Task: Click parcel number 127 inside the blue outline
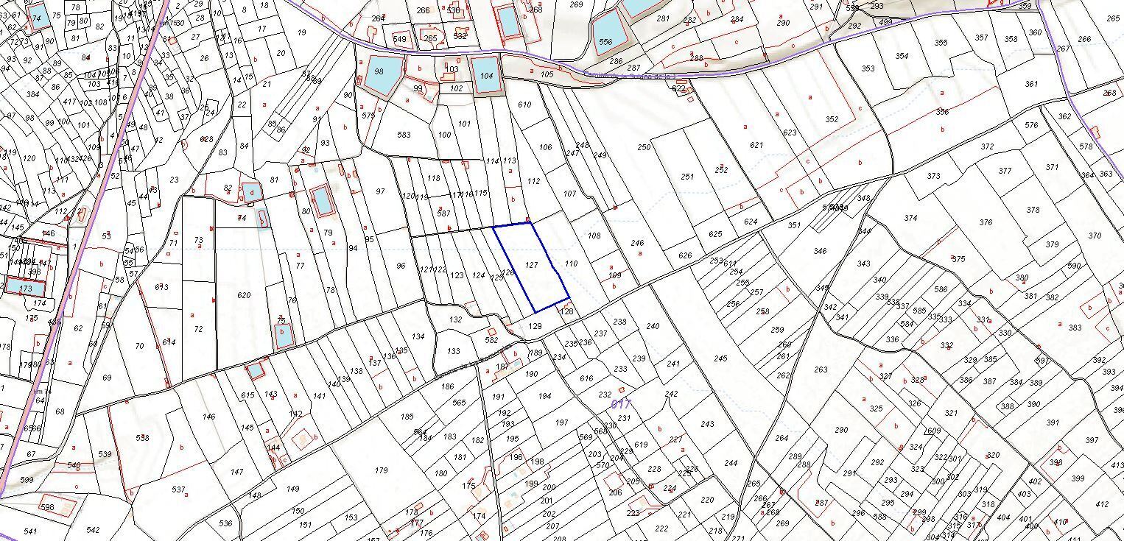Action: coord(532,264)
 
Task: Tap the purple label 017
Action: coord(621,404)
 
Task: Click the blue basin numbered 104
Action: coord(485,76)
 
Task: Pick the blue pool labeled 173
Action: coord(26,288)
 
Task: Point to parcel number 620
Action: coord(245,295)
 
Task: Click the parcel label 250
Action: coord(644,148)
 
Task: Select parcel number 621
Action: coord(756,145)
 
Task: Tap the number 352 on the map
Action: coord(832,119)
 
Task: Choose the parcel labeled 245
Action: coord(720,358)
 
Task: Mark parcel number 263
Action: coord(821,369)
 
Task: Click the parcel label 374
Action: coord(910,218)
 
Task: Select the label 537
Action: coord(178,489)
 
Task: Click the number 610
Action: coord(524,105)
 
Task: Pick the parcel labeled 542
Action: coord(93,530)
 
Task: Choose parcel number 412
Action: coord(1101,504)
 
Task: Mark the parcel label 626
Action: coord(685,256)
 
